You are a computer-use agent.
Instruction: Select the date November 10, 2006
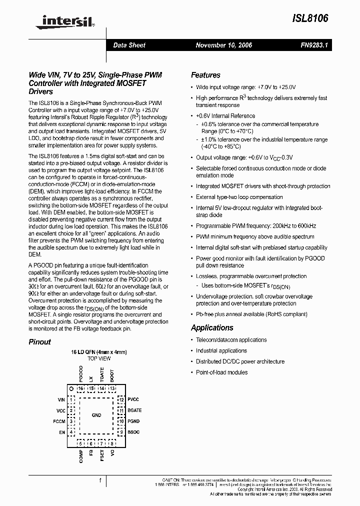pos(223,45)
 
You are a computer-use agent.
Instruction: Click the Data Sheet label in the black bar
pos(129,45)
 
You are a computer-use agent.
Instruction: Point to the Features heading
pos(205,75)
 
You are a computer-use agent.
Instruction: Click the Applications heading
pos(212,327)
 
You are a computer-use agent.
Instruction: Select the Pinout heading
pos(39,342)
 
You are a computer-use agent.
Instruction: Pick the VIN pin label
pos(61,400)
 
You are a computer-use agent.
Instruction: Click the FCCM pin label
pos(59,421)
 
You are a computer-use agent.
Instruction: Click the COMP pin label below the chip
pos(81,456)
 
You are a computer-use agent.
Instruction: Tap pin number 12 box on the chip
pos(121,400)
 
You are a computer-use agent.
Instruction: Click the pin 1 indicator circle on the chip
pos(71,388)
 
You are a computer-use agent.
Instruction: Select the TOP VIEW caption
pos(99,359)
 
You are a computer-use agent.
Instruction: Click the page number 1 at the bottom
pos(100,480)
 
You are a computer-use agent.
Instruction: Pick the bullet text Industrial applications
pos(221,350)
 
